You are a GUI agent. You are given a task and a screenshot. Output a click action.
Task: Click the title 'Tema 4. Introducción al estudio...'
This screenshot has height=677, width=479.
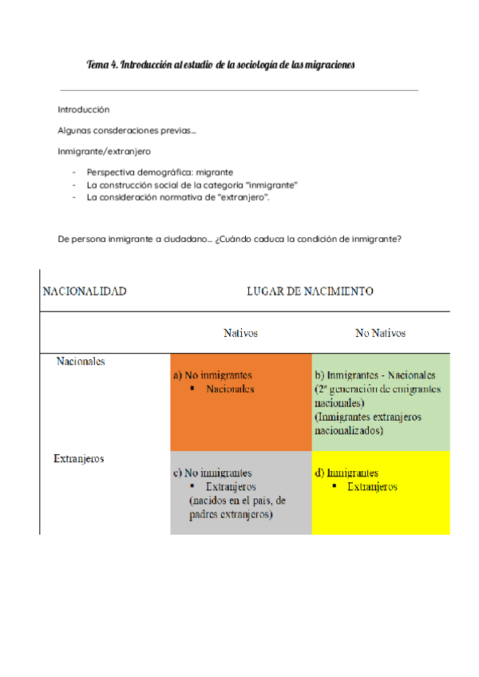[220, 64]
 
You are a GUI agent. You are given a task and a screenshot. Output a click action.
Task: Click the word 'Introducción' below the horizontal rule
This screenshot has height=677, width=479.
[83, 109]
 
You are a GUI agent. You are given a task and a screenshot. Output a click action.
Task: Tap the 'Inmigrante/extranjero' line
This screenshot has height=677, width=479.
[104, 151]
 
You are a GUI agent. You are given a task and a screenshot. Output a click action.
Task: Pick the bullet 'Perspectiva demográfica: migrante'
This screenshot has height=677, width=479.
[160, 172]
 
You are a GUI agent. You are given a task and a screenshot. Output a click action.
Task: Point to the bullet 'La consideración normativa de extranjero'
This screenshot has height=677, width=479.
[178, 197]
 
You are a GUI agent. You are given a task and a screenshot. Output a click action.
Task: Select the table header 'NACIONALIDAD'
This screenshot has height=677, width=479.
[84, 291]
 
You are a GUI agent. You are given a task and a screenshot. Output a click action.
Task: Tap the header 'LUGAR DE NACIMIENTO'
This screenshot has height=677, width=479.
[310, 291]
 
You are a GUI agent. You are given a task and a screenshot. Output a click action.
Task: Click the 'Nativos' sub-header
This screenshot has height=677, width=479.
[240, 333]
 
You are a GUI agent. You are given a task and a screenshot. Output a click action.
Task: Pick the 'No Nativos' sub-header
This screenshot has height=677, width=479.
[380, 333]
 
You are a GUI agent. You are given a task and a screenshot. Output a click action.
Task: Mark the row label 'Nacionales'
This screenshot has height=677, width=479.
[81, 361]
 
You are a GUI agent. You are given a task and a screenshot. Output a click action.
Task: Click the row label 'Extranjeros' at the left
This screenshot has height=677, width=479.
[79, 459]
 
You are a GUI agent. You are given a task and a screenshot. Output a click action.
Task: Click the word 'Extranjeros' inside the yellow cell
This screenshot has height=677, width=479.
[372, 486]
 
